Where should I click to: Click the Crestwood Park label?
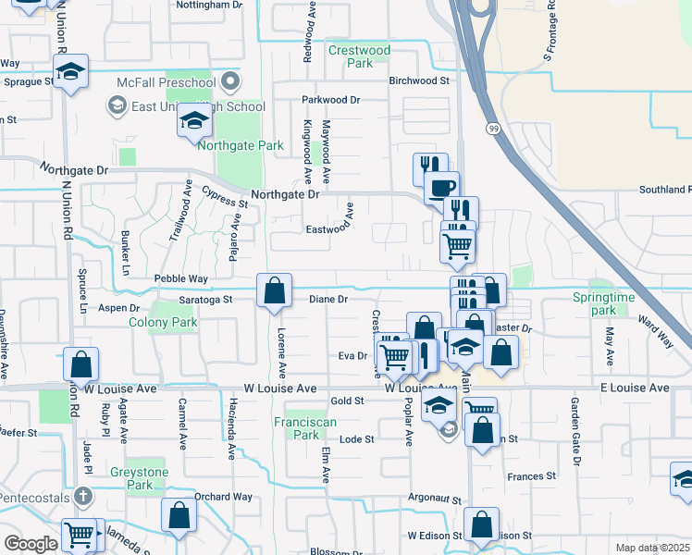tap(360, 56)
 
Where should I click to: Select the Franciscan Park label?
tap(299, 427)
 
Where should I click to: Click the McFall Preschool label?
tap(166, 82)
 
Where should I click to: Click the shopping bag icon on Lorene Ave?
tap(275, 291)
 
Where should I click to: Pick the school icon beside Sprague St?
tap(70, 71)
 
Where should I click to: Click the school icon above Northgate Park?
tap(194, 121)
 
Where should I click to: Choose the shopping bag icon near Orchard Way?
tap(179, 515)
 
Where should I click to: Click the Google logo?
tap(31, 544)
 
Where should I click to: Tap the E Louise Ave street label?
tap(634, 388)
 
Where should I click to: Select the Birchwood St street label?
tap(418, 80)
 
